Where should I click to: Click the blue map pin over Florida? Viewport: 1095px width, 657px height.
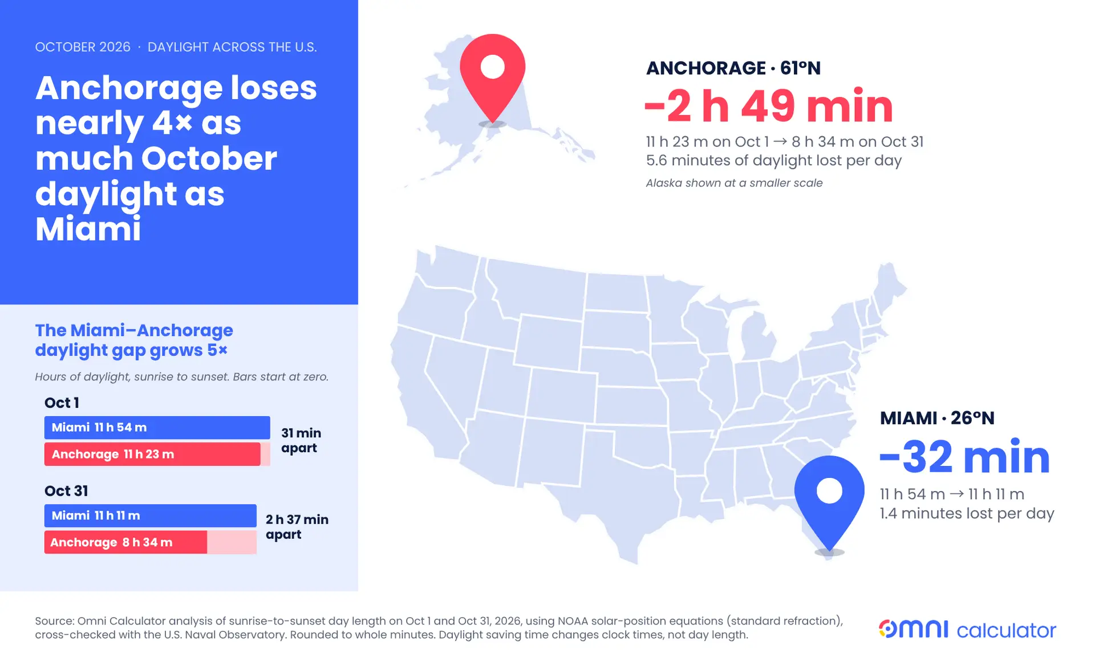click(829, 499)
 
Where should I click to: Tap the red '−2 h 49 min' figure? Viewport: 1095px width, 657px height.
click(769, 106)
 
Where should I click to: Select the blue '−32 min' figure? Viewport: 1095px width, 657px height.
click(965, 457)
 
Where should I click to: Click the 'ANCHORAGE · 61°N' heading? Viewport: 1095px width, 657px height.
click(733, 68)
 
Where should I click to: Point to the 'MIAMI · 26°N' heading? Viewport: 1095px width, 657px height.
click(937, 418)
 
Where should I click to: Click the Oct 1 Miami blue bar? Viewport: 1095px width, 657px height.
click(157, 427)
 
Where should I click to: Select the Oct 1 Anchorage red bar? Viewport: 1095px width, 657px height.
click(152, 454)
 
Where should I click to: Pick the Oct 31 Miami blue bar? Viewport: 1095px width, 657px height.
click(151, 516)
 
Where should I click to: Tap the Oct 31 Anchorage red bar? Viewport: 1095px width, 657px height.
click(125, 542)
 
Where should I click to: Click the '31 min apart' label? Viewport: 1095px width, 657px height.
click(301, 440)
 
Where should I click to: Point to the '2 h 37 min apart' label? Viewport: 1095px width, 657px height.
click(297, 527)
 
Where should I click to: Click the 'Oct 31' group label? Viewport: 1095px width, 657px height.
click(66, 490)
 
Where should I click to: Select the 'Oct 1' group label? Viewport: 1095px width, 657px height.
click(62, 403)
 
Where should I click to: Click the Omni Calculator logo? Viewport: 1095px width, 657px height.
click(967, 629)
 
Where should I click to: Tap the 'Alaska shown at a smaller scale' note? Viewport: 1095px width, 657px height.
click(734, 183)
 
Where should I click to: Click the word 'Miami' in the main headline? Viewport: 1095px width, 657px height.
click(88, 229)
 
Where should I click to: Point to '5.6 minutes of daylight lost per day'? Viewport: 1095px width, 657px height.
click(774, 160)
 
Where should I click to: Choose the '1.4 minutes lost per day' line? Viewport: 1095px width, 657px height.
click(967, 513)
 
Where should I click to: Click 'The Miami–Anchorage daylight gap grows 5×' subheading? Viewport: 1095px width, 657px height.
click(134, 340)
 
